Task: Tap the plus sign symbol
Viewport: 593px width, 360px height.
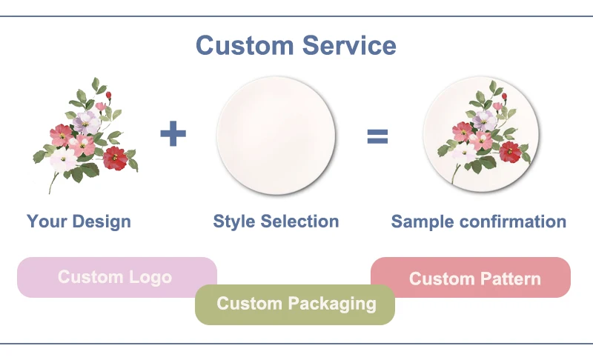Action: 173,135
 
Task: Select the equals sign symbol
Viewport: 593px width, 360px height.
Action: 377,136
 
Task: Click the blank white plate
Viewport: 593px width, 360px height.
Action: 276,135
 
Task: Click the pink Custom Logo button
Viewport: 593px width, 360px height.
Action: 116,277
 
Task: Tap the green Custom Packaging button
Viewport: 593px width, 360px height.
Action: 295,303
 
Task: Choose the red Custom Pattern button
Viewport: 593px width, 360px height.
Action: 471,278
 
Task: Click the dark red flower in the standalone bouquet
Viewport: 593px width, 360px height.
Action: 115,157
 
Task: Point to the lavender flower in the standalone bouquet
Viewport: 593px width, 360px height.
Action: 86,121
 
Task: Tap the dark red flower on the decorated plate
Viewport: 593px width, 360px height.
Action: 510,151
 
